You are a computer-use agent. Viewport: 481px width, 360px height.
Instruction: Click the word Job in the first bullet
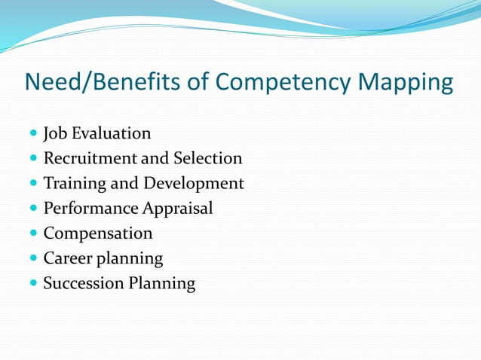54,134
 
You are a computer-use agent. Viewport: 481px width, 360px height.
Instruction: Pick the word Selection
207,159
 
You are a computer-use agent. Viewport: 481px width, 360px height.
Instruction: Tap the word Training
75,184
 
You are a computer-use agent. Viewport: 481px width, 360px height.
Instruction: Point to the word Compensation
98,233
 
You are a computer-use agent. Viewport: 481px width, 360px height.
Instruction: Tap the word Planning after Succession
161,284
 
